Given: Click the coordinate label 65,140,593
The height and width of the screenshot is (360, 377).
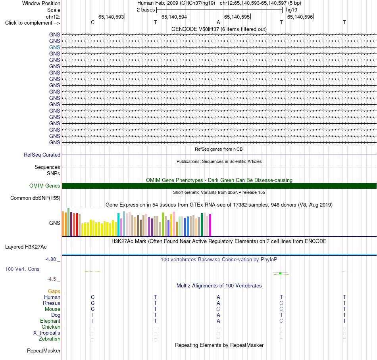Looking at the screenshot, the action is (x=111, y=17).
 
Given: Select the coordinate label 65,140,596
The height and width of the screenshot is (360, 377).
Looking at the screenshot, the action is (x=300, y=17).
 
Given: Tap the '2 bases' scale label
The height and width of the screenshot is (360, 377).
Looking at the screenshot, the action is (x=146, y=10).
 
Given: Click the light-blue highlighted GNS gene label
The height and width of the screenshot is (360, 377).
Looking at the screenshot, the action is (x=55, y=47).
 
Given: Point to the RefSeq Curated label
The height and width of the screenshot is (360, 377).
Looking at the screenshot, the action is (x=42, y=155).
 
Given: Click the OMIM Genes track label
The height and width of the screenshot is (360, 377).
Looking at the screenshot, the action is (x=45, y=186).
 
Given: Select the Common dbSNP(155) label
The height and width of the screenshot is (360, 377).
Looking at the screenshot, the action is (x=35, y=198).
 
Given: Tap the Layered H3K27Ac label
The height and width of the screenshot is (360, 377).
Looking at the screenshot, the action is (x=26, y=247).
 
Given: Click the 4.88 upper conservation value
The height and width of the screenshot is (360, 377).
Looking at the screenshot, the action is (x=51, y=259).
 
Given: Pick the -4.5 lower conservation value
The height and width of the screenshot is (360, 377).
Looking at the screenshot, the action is (x=52, y=279).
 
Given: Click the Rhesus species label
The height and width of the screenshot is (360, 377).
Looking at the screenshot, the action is (x=52, y=303).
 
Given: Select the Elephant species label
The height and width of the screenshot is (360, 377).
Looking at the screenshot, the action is (x=50, y=321).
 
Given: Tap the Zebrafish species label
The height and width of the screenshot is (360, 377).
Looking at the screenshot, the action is (x=50, y=339).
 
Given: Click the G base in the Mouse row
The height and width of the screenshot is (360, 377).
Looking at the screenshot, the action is (x=218, y=309).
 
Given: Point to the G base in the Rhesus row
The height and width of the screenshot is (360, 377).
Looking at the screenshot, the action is (x=281, y=303).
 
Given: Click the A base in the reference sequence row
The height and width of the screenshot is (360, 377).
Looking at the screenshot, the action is (x=218, y=22).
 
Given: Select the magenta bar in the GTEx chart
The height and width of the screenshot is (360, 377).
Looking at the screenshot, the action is (x=210, y=225).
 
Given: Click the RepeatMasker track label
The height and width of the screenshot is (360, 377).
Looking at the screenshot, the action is (x=44, y=351).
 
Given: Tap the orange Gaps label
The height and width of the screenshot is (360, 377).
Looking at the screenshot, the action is (x=54, y=291).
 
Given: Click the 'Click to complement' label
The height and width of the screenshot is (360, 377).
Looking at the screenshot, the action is (x=33, y=23).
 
